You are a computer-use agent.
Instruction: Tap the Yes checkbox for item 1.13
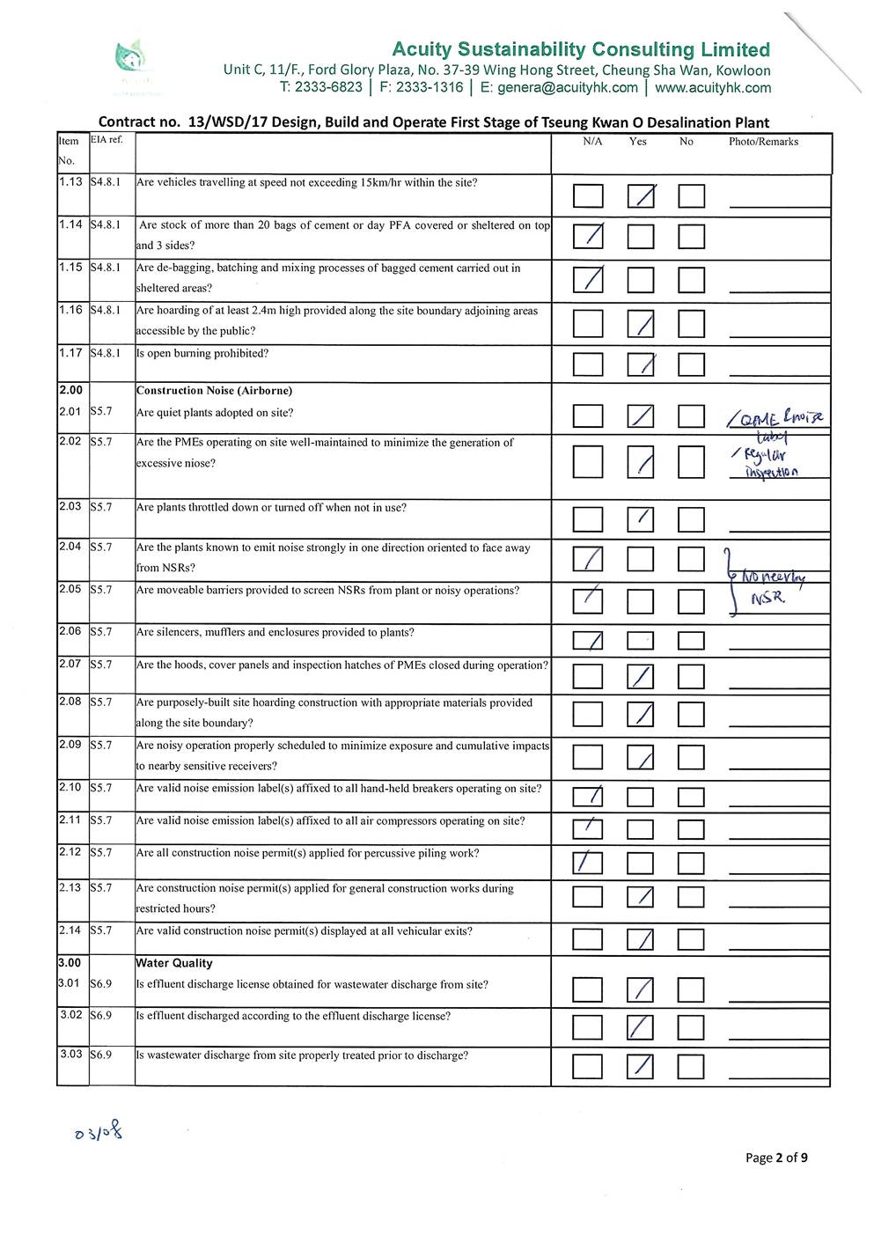641,195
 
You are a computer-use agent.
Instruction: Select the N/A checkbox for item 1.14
588,236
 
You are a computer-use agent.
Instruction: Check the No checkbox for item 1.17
691,364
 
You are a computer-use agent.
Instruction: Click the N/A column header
592,142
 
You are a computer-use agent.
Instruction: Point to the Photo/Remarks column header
763,142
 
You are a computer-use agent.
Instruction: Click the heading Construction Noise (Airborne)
214,391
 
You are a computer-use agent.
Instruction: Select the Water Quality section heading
174,963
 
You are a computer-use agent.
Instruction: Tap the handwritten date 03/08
99,1129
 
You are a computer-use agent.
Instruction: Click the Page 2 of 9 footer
776,1158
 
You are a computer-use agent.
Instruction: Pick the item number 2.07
70,664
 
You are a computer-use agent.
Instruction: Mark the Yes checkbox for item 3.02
641,1027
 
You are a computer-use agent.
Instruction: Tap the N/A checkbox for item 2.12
588,863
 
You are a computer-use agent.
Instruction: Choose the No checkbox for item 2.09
691,757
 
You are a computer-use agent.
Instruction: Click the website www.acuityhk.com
712,88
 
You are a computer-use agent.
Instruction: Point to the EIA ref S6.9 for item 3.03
101,1055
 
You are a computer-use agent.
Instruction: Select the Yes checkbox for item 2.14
641,939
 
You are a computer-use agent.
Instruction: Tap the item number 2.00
70,390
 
